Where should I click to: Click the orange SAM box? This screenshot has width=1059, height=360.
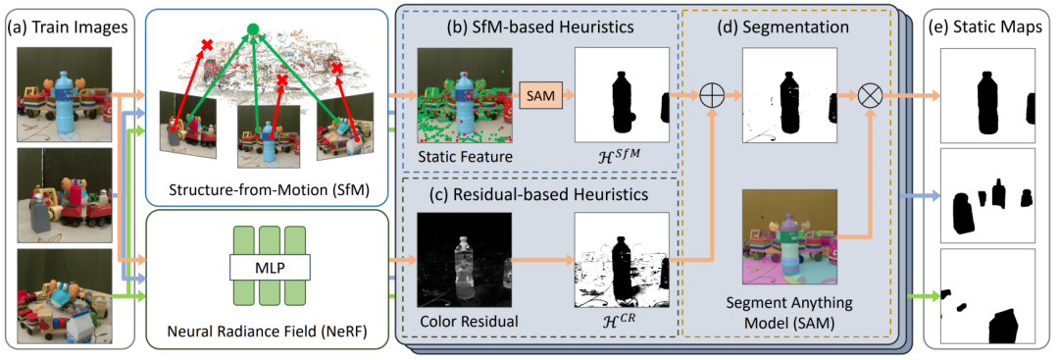[x=541, y=96]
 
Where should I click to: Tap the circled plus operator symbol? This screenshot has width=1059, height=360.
[x=713, y=96]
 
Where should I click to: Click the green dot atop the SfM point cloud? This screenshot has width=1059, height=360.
[x=253, y=29]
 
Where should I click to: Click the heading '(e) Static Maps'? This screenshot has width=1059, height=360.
[x=989, y=28]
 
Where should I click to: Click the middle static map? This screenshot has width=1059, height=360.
[x=989, y=196]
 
